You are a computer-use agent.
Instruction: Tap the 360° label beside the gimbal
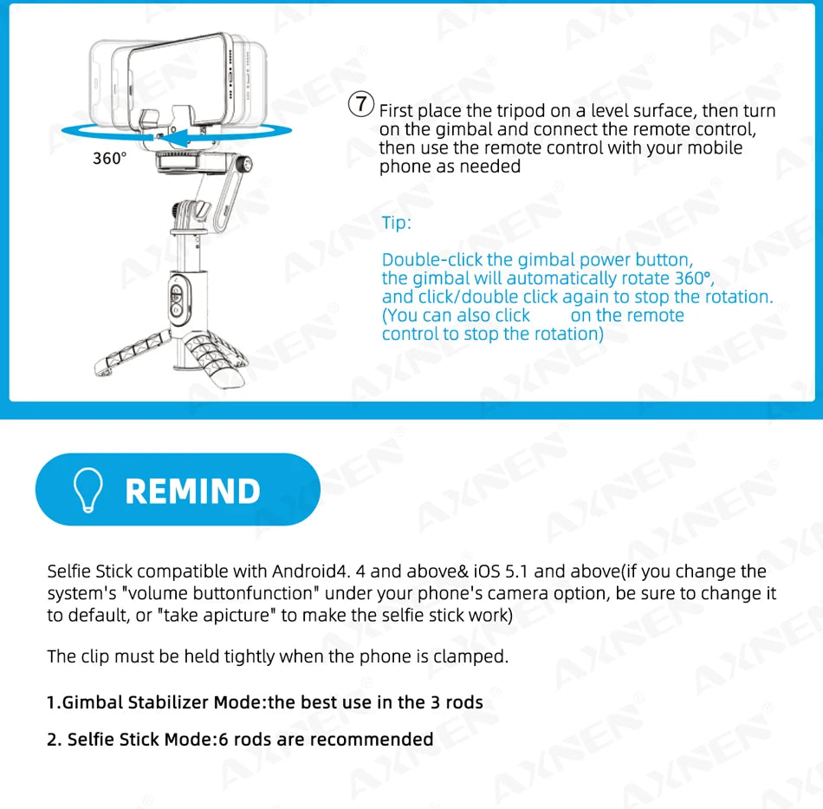click(110, 159)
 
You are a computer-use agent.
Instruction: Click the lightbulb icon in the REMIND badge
click(89, 490)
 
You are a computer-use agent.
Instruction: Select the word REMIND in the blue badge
click(192, 491)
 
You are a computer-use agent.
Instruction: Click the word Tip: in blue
click(397, 223)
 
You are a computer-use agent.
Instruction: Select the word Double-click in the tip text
click(431, 259)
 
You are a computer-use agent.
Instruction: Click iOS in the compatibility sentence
click(487, 571)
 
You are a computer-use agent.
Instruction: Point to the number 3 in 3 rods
click(435, 702)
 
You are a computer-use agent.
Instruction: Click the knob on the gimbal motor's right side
click(250, 163)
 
